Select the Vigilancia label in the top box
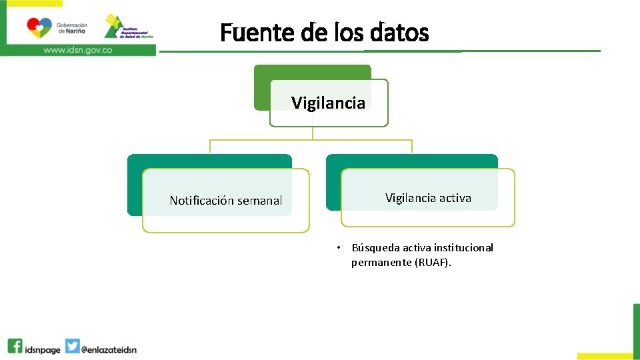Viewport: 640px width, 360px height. pyautogui.click(x=328, y=103)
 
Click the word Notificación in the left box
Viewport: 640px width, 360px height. pyautogui.click(x=200, y=201)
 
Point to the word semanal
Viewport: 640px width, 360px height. pyautogui.click(x=257, y=201)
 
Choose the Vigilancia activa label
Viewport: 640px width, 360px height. pyautogui.click(x=428, y=198)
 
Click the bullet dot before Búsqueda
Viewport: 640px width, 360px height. pyautogui.click(x=339, y=248)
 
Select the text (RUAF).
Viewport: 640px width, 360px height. pyautogui.click(x=433, y=263)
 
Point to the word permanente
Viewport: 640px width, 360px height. pyautogui.click(x=381, y=263)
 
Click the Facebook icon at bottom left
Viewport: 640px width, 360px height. pyautogui.click(x=15, y=347)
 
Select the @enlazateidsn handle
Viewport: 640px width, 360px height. pyautogui.click(x=109, y=349)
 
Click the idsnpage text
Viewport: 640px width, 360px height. pyautogui.click(x=42, y=349)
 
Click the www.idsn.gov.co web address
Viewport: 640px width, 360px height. pyautogui.click(x=77, y=50)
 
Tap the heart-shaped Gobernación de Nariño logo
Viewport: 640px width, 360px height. pyautogui.click(x=39, y=27)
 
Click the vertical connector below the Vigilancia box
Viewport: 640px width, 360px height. pyautogui.click(x=312, y=133)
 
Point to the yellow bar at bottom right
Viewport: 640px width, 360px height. pyautogui.click(x=604, y=356)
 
